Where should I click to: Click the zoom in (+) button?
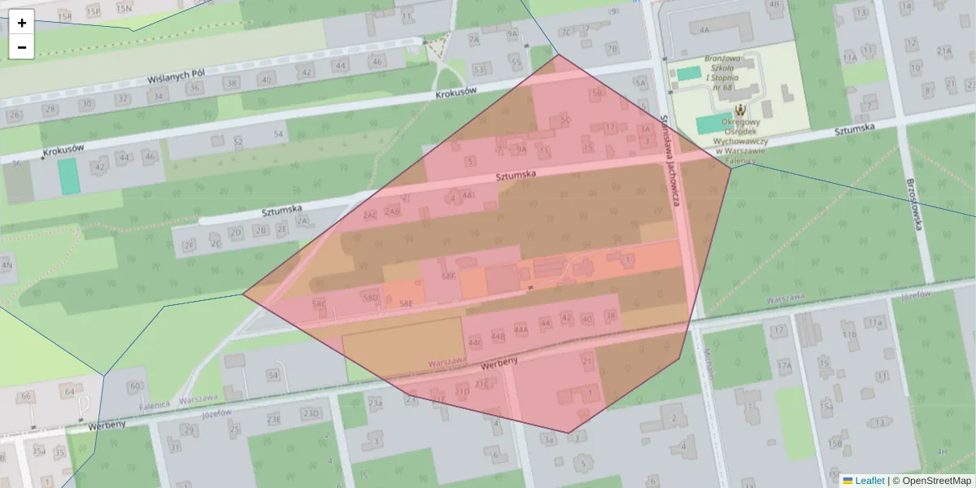[22, 23]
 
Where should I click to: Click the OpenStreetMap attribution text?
[935, 481]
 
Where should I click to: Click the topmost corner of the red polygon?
[558, 54]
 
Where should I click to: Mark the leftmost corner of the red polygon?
[242, 294]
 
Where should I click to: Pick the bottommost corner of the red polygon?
[568, 433]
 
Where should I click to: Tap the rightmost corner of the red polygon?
[731, 168]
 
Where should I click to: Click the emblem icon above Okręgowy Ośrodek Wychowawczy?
[741, 109]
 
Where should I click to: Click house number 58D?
[371, 298]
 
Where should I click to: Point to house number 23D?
[309, 414]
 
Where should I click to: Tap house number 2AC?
[370, 216]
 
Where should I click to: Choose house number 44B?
[498, 334]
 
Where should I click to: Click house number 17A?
[783, 367]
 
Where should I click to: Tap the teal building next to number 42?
[68, 176]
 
